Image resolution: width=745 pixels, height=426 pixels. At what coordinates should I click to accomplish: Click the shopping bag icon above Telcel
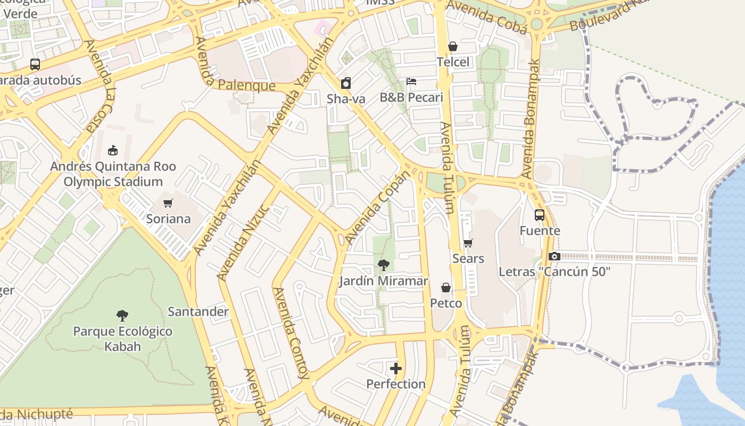(x=453, y=47)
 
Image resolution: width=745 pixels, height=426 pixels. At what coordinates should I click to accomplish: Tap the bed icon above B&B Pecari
(x=411, y=81)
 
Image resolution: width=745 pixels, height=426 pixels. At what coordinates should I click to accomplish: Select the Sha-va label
(x=346, y=99)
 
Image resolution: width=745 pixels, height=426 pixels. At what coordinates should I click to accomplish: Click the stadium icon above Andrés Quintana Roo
(x=113, y=151)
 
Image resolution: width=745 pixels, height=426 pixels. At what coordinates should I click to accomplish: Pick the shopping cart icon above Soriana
(x=168, y=203)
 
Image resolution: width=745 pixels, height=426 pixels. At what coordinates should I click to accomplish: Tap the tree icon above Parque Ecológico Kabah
(x=122, y=316)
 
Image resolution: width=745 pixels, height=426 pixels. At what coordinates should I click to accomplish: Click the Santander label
(x=198, y=312)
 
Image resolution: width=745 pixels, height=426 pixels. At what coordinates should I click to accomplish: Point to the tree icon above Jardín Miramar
(x=383, y=265)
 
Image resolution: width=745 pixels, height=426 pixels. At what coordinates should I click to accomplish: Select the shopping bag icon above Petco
(x=446, y=288)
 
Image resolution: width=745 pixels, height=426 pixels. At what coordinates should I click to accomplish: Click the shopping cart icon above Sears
(x=468, y=243)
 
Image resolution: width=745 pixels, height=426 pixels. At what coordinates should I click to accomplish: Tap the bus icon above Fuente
(x=540, y=215)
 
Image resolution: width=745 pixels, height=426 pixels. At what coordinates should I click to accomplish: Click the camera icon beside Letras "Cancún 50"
(x=554, y=257)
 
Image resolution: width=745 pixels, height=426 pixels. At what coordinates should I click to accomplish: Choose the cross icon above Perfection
(x=396, y=368)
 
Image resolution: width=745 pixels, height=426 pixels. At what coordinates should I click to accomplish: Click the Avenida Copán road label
(x=378, y=208)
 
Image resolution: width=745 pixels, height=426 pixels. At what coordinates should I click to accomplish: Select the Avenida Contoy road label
(x=291, y=333)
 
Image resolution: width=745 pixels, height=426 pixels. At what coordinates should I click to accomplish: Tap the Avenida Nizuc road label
(x=244, y=242)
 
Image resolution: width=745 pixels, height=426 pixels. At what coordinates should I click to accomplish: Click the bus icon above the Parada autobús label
(x=35, y=64)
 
